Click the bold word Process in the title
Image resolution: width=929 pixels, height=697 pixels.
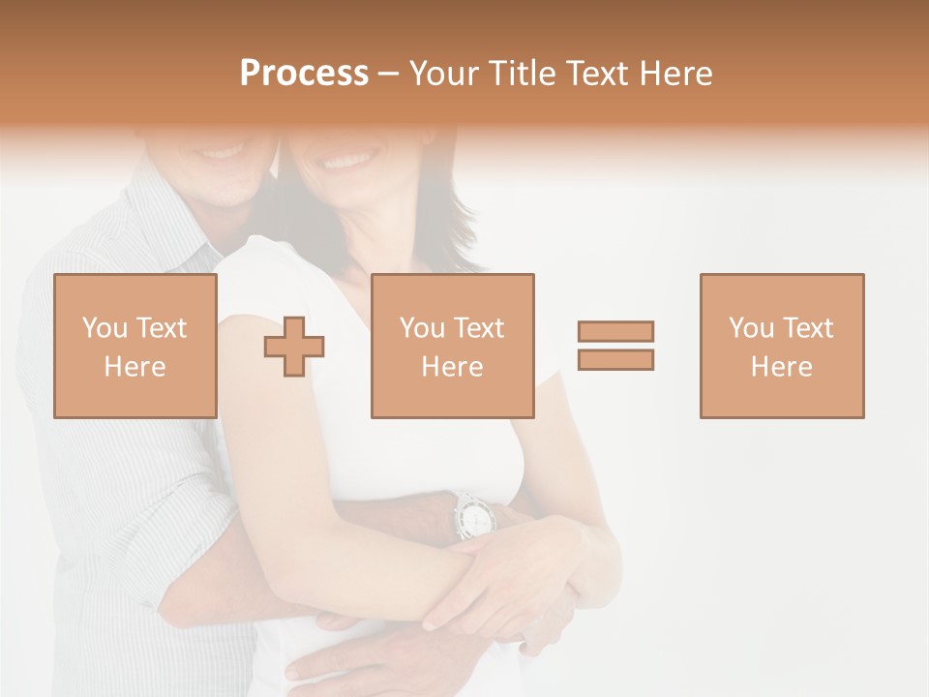click(x=304, y=74)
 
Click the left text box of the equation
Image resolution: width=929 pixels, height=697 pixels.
click(x=135, y=346)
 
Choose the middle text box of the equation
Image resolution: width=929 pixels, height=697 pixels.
click(x=452, y=346)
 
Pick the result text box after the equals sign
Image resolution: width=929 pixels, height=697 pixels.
click(x=781, y=346)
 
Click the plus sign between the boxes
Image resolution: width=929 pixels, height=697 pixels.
click(x=294, y=346)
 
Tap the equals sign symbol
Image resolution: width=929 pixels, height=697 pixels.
click(x=615, y=346)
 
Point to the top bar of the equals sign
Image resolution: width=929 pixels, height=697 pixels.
click(x=615, y=331)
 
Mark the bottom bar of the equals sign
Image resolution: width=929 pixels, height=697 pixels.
click(x=615, y=359)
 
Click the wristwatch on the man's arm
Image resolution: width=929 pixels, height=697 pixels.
click(x=473, y=514)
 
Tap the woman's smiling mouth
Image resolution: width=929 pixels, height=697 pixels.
click(x=350, y=158)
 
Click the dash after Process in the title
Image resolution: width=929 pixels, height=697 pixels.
click(x=389, y=74)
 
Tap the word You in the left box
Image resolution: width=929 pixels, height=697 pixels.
click(x=105, y=327)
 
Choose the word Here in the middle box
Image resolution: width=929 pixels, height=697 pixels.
click(x=452, y=367)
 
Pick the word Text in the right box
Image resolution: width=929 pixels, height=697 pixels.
click(x=809, y=327)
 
